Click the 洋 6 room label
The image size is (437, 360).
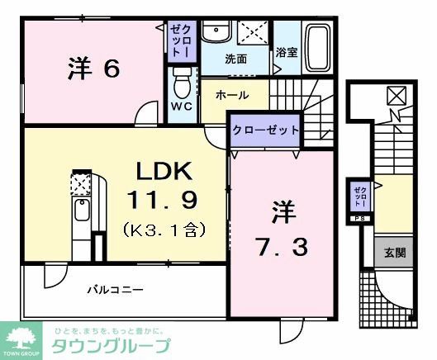(x=93, y=70)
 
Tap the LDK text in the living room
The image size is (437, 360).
(x=164, y=173)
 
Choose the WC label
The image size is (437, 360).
(x=182, y=107)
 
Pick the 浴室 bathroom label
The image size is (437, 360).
(x=287, y=51)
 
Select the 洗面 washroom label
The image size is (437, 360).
(x=236, y=59)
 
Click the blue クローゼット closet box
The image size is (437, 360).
(x=264, y=131)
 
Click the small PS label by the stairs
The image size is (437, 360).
(x=359, y=218)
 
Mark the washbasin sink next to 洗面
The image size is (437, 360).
(x=216, y=34)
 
